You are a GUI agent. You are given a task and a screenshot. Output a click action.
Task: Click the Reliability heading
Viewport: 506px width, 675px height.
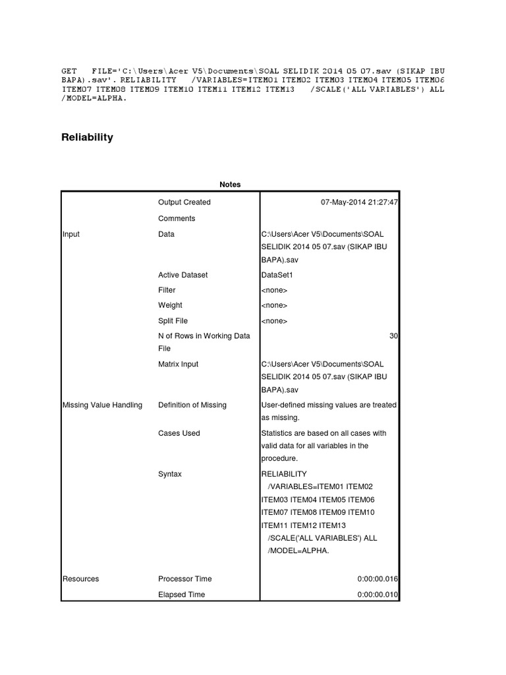(88, 137)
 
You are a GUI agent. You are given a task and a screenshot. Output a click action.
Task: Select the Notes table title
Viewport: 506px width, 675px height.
(230, 185)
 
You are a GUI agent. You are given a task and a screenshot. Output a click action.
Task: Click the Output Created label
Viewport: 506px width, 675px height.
(184, 202)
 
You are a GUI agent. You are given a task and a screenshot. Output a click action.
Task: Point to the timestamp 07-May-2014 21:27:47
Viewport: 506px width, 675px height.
(359, 202)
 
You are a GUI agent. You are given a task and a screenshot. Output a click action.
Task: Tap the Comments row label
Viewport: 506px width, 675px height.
(177, 218)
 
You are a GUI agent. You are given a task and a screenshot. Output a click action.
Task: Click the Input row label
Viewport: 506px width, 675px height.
(71, 234)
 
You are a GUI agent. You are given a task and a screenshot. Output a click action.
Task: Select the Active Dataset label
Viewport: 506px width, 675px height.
(183, 275)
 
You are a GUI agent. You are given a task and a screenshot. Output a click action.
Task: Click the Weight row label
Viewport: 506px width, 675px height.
(170, 305)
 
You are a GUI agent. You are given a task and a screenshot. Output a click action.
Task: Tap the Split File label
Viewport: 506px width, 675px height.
(173, 321)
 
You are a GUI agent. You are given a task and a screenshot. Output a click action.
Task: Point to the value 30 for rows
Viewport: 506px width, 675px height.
(393, 336)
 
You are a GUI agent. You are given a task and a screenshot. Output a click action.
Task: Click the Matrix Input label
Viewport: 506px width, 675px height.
(178, 364)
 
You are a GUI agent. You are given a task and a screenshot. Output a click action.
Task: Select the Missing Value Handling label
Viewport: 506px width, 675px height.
(102, 405)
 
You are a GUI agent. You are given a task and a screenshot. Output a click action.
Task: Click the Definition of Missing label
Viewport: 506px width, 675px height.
(192, 405)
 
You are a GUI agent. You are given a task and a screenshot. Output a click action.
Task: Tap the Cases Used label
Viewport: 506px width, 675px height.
(179, 433)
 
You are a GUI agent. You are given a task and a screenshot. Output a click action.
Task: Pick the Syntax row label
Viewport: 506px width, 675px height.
(170, 474)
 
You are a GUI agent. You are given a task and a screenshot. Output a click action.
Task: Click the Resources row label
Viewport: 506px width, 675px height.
(80, 579)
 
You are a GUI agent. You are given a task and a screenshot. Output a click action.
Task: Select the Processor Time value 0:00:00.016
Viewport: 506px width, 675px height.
(378, 579)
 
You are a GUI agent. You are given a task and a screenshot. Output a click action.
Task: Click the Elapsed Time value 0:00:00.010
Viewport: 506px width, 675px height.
(378, 595)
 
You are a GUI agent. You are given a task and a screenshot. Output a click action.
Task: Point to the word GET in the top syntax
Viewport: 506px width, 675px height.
(70, 71)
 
